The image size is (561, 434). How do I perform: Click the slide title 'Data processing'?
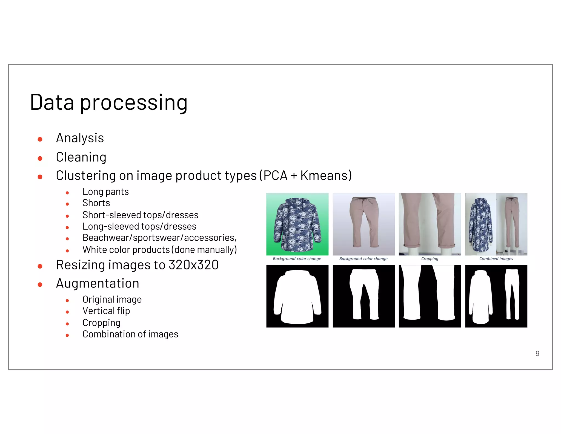point(108,103)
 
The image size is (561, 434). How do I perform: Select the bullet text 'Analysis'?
point(80,138)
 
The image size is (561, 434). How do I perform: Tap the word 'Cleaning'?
point(81,157)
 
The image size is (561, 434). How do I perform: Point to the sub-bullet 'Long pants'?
point(105,192)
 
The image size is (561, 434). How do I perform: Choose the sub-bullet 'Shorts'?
point(96,203)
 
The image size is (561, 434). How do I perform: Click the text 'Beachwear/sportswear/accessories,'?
point(159,238)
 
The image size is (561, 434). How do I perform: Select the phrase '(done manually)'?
point(204,250)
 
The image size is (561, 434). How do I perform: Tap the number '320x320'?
point(193,265)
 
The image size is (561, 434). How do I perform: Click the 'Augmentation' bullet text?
point(98,283)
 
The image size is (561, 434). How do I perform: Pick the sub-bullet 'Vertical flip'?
point(106,311)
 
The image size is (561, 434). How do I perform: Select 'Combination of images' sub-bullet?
point(130,334)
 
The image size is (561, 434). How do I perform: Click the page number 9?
point(537,353)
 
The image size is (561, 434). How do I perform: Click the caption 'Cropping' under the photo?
point(430,259)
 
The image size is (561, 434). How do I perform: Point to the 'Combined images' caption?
point(496,259)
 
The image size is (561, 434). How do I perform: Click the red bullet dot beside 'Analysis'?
point(40,139)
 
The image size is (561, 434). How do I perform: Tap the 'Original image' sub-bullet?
point(112,300)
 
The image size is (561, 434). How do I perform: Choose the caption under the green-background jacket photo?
point(297,259)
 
